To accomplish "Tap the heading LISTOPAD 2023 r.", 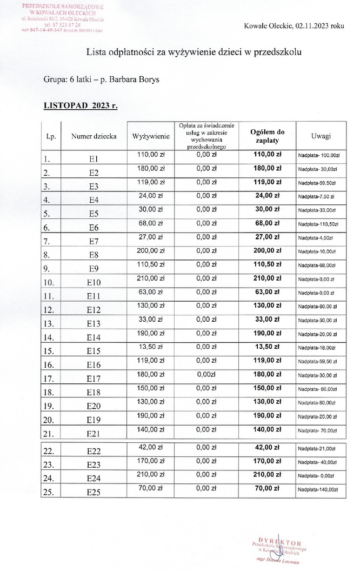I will coord(81,105).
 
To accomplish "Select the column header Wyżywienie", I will coord(147,136).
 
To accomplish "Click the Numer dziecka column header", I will coord(93,136).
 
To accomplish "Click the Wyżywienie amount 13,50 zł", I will coord(148,346).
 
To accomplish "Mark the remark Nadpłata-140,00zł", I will coord(318,489).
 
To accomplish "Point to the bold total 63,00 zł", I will coord(268,292).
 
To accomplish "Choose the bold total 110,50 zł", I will coord(268,265).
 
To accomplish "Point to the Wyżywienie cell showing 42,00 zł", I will coord(148,447).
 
